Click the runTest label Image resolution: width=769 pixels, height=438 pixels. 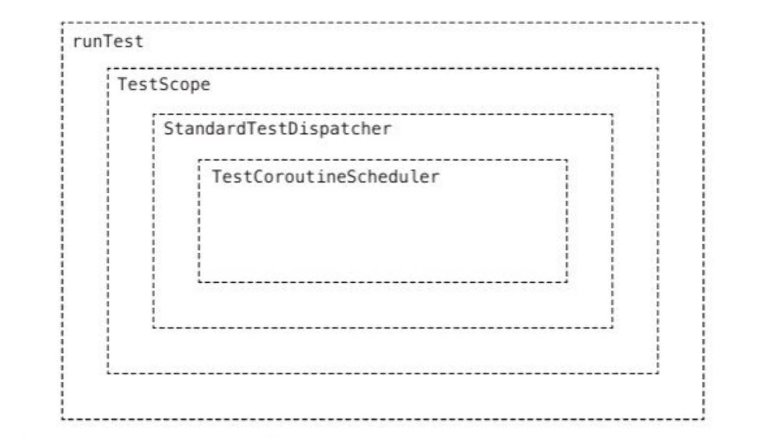coord(108,41)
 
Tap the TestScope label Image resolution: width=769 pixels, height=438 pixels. coord(163,84)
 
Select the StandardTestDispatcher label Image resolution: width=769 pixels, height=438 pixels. coord(277,129)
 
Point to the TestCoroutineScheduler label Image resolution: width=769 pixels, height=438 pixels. coord(325,176)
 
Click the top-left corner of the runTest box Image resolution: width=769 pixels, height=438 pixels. coord(62,23)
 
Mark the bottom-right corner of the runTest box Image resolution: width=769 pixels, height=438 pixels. coord(704,419)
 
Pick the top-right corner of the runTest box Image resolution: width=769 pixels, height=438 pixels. coord(704,23)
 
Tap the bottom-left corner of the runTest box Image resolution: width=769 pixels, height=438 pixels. coord(62,419)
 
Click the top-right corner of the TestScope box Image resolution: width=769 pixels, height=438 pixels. coord(658,69)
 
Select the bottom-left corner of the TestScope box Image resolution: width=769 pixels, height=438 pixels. coord(108,373)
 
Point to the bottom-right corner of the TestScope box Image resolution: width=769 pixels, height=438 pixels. coord(658,373)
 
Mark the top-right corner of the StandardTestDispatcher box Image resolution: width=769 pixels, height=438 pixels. coord(612,114)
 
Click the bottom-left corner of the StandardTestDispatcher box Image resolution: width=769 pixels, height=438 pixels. coord(154,328)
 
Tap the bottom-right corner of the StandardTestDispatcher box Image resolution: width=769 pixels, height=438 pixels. coord(612,328)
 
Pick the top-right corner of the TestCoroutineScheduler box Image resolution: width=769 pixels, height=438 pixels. coord(567,160)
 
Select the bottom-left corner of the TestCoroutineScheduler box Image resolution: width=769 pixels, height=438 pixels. coord(199,282)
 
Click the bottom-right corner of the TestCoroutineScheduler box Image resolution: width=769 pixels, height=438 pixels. coord(567,282)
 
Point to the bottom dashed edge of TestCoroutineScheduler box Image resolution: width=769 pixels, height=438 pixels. coord(383,282)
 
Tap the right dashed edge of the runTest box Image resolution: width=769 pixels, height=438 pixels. coord(704,221)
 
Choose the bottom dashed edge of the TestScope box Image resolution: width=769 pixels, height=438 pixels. coord(383,373)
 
